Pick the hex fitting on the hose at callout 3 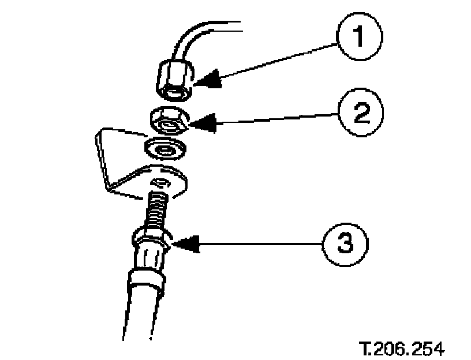pyautogui.click(x=151, y=239)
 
